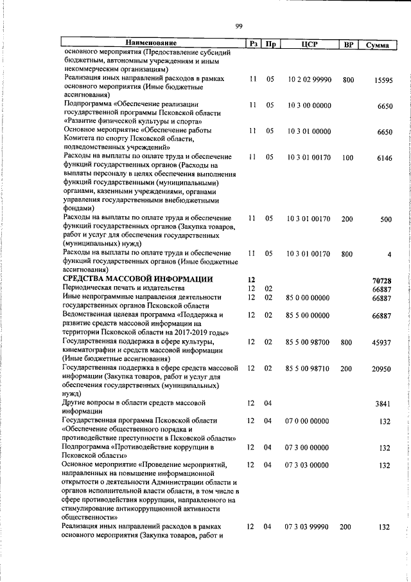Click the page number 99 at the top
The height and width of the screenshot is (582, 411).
pos(239,26)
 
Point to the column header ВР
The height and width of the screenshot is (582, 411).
pos(348,44)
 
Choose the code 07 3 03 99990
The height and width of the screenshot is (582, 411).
pos(308,527)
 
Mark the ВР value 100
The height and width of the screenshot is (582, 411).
pos(348,157)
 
